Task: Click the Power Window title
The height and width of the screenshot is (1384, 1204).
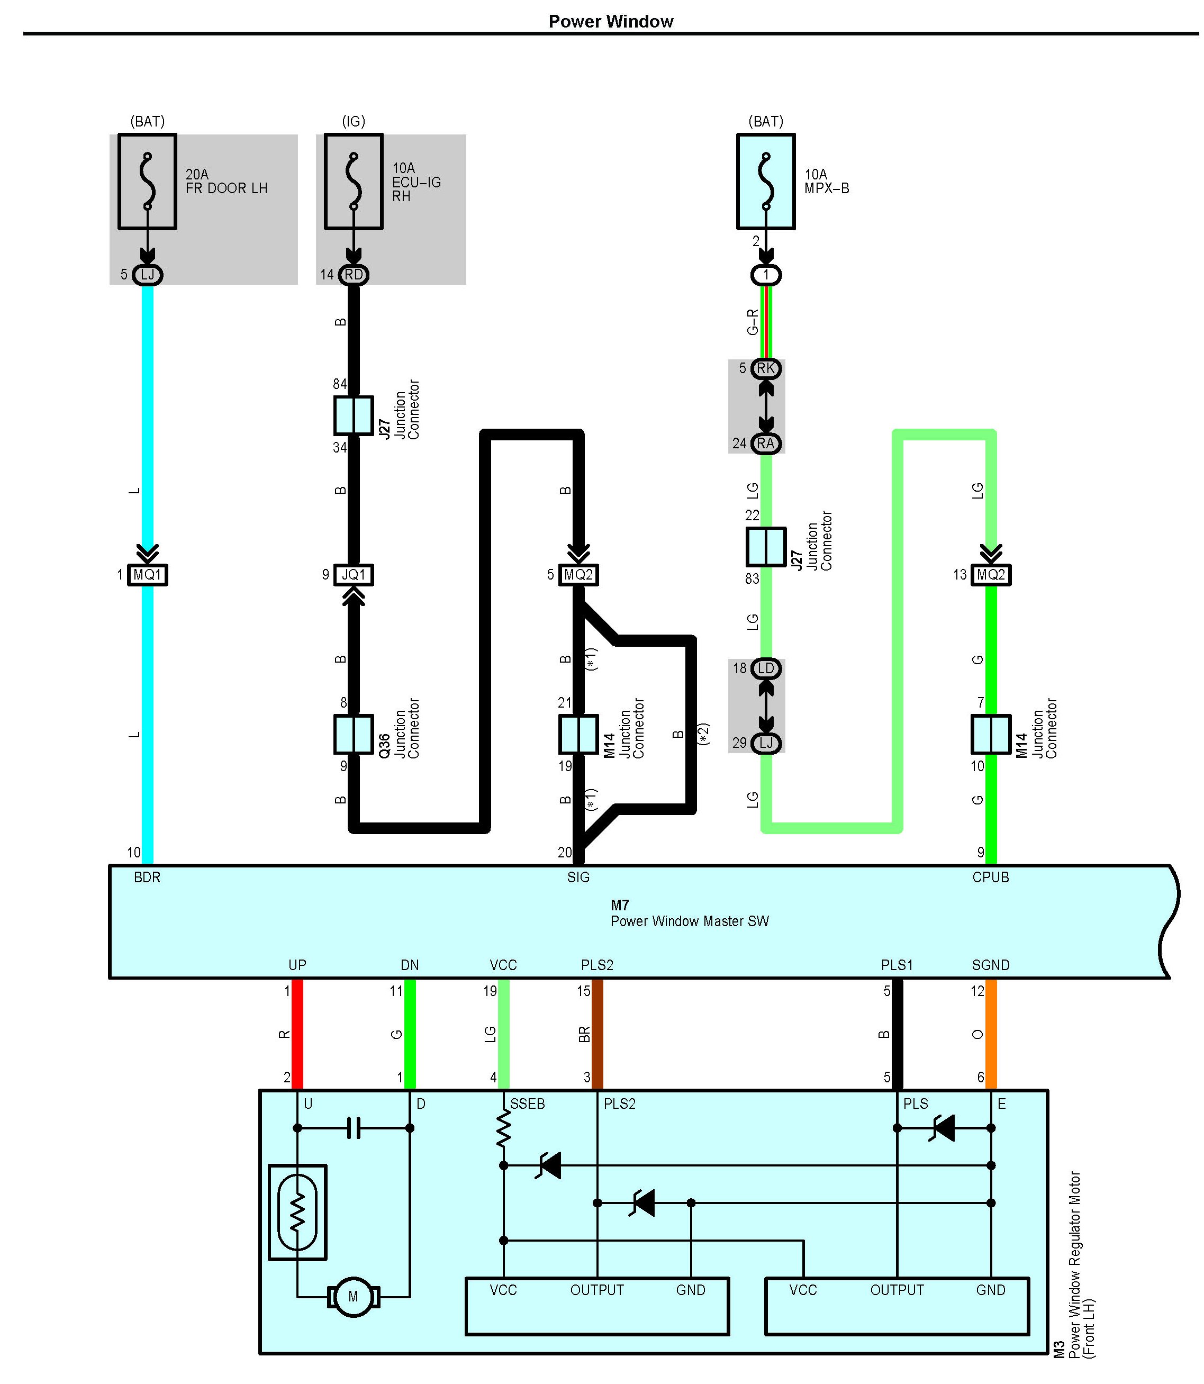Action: (610, 22)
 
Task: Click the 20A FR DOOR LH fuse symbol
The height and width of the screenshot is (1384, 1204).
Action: (147, 182)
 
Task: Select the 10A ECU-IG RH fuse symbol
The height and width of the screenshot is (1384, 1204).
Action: (354, 182)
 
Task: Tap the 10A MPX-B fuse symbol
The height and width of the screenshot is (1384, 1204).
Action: (765, 182)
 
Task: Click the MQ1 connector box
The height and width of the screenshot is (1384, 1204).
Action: (147, 574)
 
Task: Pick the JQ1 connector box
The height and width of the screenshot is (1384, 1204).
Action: (354, 574)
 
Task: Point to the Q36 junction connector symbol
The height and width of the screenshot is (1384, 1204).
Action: (354, 734)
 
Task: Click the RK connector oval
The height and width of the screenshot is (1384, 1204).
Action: (765, 368)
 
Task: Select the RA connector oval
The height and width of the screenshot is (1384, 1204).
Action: (765, 444)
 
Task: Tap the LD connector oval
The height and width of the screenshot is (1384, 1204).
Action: (765, 668)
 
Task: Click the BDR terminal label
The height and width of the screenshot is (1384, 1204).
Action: (147, 878)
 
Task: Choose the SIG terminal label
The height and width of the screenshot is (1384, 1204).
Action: (578, 878)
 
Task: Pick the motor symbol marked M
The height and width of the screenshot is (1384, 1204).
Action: (354, 1297)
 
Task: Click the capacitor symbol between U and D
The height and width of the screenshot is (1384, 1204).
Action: (354, 1128)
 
